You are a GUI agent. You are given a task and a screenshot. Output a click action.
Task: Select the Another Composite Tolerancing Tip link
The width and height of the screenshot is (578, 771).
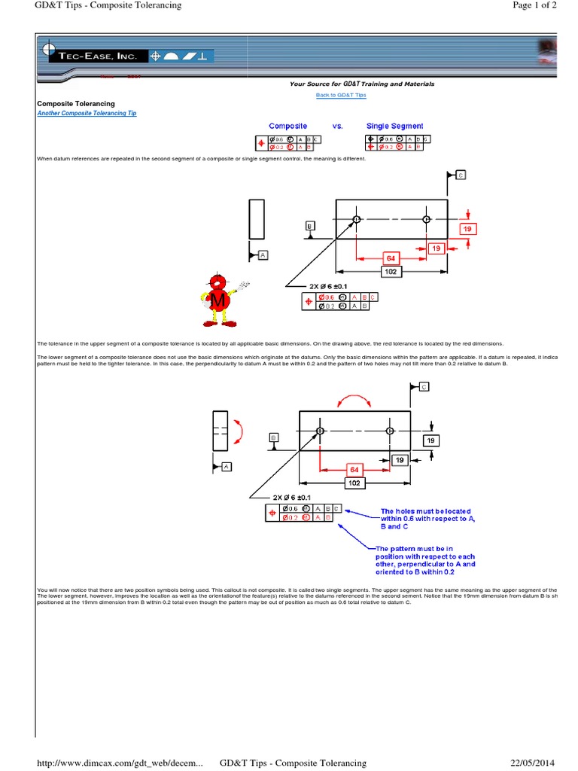[x=87, y=113]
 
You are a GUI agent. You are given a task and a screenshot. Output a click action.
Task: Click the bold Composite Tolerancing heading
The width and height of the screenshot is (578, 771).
[x=76, y=103]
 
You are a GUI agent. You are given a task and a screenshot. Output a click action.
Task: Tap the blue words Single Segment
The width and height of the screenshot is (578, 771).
[x=394, y=126]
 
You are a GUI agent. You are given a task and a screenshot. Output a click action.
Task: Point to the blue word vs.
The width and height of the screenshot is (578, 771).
[x=337, y=126]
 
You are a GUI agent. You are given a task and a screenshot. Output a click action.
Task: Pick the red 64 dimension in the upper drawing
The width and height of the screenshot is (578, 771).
[x=391, y=258]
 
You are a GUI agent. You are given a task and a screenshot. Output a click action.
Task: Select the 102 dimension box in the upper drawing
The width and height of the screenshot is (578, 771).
[x=391, y=271]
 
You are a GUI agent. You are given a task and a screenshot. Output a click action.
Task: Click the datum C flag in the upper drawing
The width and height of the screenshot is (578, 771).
[x=460, y=175]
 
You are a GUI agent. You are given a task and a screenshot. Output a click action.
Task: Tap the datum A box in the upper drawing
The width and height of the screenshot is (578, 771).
[x=263, y=255]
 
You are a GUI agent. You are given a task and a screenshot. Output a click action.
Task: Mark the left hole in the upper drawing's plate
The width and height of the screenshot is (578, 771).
[x=357, y=219]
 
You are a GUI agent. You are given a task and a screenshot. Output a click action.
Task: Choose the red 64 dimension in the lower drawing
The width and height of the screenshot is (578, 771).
[x=354, y=470]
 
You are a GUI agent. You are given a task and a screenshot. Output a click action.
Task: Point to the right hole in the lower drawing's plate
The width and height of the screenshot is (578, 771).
[x=390, y=431]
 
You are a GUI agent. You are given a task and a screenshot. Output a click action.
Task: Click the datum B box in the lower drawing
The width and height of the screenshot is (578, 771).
[x=273, y=437]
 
